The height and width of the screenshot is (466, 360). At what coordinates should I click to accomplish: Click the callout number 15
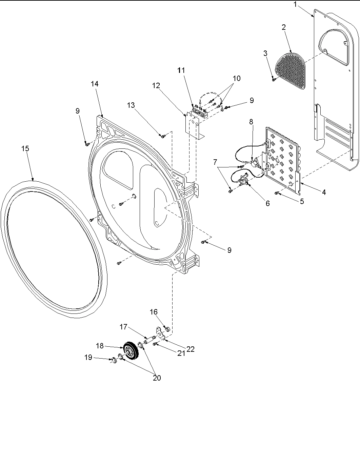(25, 149)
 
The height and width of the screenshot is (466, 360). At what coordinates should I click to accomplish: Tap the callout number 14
(95, 84)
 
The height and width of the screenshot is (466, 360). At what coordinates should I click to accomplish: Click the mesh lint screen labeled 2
(291, 70)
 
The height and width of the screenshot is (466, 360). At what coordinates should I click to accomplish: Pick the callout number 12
(156, 86)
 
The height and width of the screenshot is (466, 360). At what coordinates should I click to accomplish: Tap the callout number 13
(131, 105)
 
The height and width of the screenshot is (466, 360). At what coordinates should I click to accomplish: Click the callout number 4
(324, 192)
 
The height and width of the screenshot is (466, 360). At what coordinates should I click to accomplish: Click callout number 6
(267, 203)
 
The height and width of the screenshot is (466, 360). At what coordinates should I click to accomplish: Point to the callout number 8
(251, 122)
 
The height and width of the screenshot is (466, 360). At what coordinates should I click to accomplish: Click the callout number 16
(154, 311)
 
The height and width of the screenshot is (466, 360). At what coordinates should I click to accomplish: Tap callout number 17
(123, 327)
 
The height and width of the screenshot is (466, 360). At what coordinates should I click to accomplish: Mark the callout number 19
(88, 357)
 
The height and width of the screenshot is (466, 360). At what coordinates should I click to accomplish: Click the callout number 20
(157, 378)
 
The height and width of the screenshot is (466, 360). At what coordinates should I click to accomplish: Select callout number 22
(191, 349)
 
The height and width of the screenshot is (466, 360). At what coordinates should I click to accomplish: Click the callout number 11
(181, 70)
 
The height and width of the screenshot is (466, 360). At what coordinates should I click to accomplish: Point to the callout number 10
(236, 78)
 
